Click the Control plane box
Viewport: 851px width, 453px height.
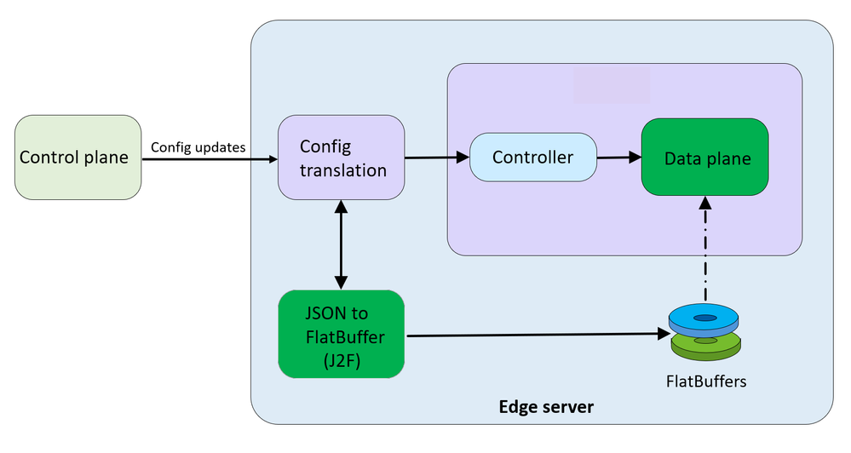click(x=78, y=158)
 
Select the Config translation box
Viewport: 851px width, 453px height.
click(x=341, y=158)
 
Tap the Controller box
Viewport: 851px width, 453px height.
click(x=533, y=158)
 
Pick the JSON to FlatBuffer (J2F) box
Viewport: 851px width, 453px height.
click(x=342, y=335)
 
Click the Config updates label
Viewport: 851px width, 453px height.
click(x=198, y=147)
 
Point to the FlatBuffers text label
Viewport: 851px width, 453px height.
click(x=706, y=381)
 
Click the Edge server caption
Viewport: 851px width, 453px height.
click(x=545, y=407)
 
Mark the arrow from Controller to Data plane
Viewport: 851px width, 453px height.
click(x=618, y=157)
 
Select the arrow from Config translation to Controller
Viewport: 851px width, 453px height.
click(x=437, y=157)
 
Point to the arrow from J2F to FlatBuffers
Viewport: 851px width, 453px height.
click(x=537, y=335)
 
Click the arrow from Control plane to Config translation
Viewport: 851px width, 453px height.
click(x=210, y=159)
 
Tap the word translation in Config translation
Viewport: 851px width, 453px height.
click(x=343, y=170)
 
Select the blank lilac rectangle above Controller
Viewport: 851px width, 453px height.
click(x=612, y=85)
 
